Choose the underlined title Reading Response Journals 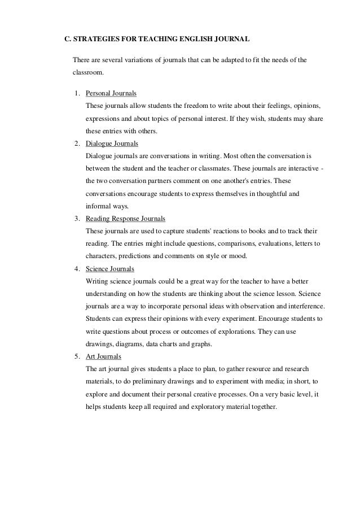125,219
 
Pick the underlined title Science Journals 109,269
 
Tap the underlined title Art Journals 103,357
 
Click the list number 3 76,219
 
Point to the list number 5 76,357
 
